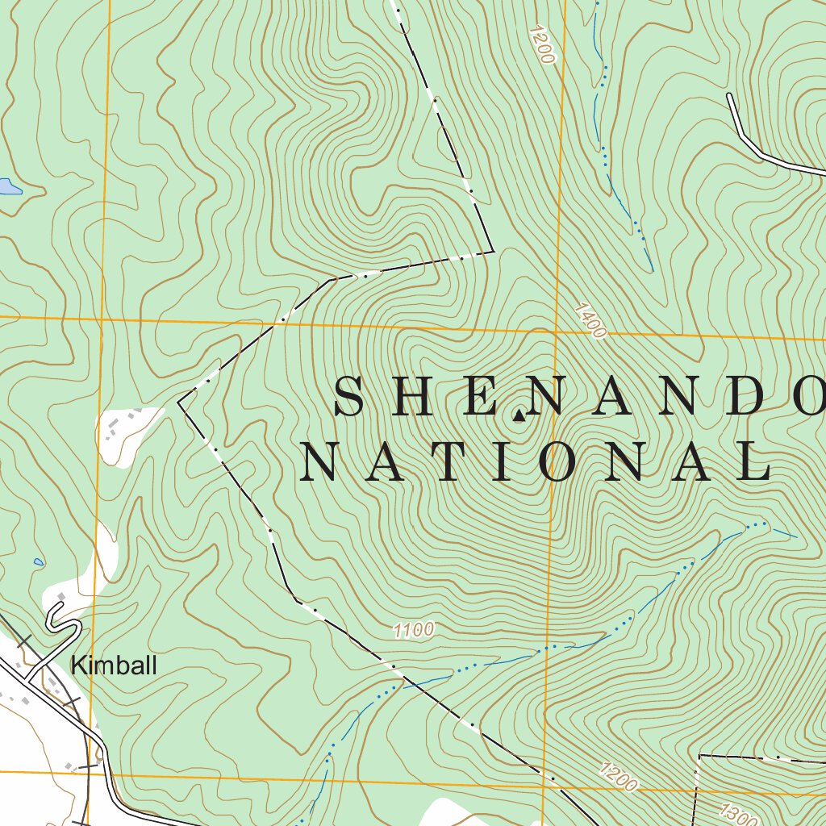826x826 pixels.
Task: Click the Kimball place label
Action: coord(114,666)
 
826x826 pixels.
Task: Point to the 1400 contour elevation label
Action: coord(590,320)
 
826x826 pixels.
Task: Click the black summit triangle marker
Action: coord(518,416)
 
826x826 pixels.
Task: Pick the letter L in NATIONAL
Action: coord(757,464)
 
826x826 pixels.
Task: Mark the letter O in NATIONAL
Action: coord(568,464)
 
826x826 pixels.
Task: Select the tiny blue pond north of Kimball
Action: coord(38,561)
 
